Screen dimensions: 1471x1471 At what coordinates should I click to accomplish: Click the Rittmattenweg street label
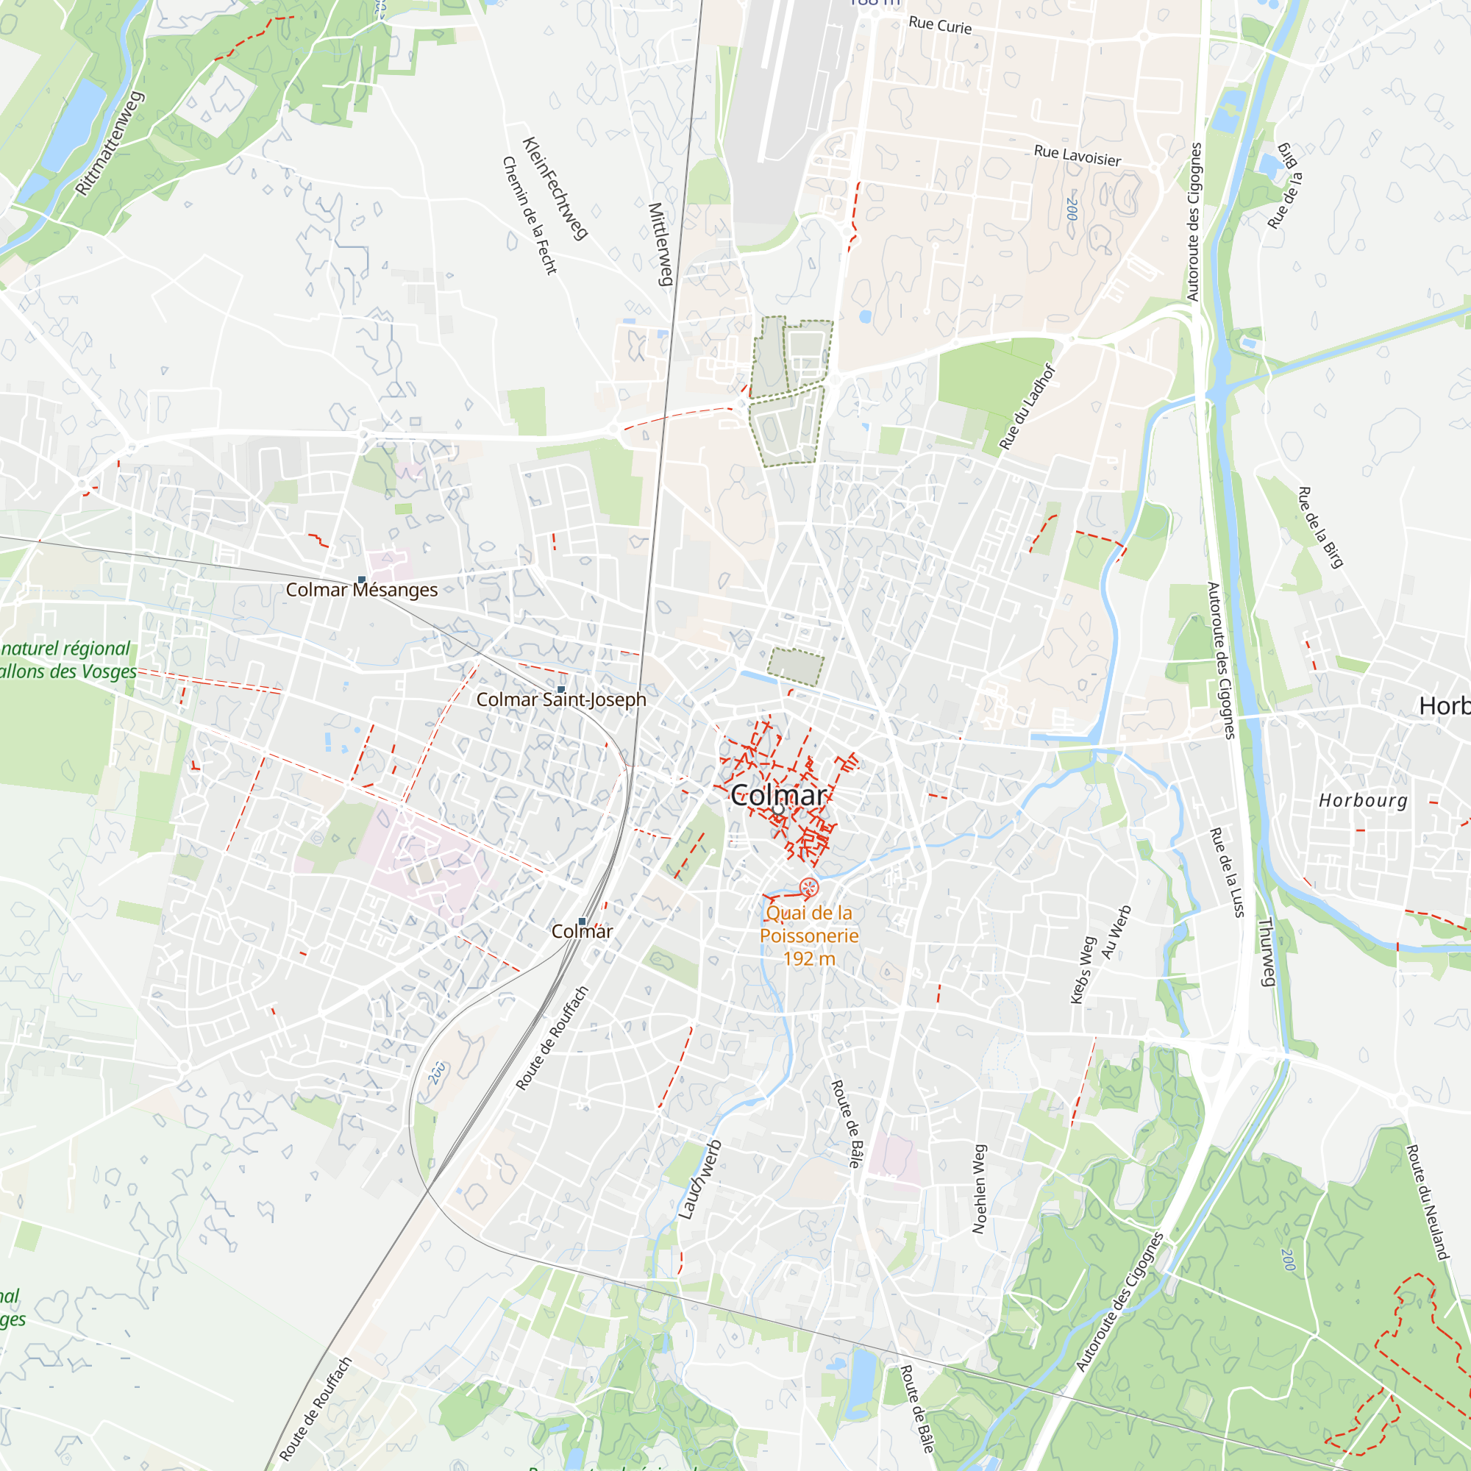click(110, 144)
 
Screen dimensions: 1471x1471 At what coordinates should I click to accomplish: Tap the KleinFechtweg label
click(555, 188)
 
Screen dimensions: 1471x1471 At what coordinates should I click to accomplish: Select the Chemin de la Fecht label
click(530, 216)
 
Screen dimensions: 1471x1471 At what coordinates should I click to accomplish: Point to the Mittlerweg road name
click(661, 243)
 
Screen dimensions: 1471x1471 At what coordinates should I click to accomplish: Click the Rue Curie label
click(940, 25)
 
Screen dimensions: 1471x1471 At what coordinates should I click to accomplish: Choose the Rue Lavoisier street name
click(1078, 156)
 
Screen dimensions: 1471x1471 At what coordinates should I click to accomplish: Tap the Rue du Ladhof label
click(1028, 407)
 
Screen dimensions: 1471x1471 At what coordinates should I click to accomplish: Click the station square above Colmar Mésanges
click(362, 580)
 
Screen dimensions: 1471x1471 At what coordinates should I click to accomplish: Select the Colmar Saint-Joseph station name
click(561, 699)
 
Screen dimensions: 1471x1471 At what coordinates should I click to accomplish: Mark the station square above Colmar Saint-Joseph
click(561, 690)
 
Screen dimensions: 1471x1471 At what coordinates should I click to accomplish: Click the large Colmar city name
click(778, 797)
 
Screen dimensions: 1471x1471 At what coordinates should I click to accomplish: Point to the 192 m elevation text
click(809, 959)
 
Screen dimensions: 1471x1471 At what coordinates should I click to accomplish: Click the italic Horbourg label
click(1363, 800)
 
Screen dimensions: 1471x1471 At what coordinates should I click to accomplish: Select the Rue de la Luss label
click(1227, 872)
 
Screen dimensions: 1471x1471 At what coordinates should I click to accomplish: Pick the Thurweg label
click(1267, 952)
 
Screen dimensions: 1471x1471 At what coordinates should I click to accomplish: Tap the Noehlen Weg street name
click(979, 1189)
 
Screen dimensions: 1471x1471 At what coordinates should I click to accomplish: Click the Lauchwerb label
click(699, 1180)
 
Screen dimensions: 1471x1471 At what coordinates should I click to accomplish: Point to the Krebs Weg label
click(1083, 970)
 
